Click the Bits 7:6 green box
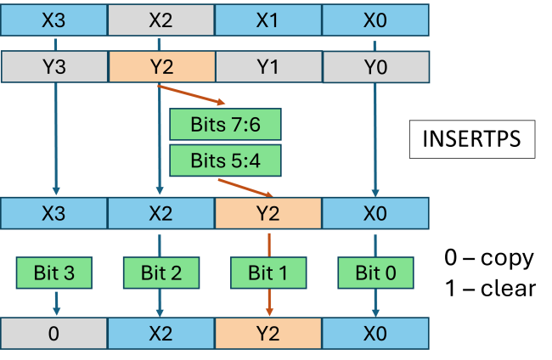coord(225,125)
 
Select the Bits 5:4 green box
coord(225,160)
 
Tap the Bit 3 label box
coord(54,273)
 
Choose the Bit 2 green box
coord(161,273)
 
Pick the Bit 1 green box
coord(268,273)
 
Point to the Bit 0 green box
coord(375,273)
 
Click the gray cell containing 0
coord(54,334)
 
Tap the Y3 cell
coord(54,66)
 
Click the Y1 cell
coord(268,66)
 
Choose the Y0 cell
coord(375,66)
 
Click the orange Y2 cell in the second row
coord(161,66)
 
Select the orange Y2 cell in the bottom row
coord(268,334)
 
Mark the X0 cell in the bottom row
coord(375,334)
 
